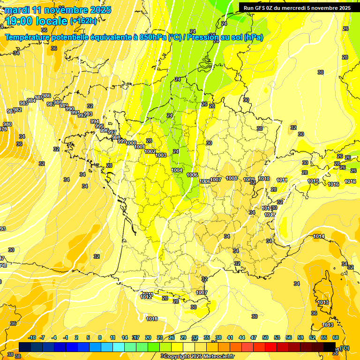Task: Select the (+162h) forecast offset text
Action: tap(83, 21)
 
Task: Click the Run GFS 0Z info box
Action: tap(297, 7)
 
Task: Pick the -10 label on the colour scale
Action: tap(32, 337)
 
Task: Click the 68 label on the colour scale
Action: tap(336, 337)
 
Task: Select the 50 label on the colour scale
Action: tap(265, 337)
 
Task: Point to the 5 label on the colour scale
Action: tap(89, 337)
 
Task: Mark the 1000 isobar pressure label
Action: tap(131, 143)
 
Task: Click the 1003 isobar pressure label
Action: tap(161, 155)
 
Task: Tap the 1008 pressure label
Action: tap(232, 178)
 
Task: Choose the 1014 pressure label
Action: tap(319, 236)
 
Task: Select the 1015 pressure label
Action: tap(314, 181)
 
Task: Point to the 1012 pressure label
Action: tap(146, 297)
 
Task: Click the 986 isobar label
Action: tap(46, 96)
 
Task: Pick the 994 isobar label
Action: tap(95, 121)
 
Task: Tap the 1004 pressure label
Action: tap(177, 170)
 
